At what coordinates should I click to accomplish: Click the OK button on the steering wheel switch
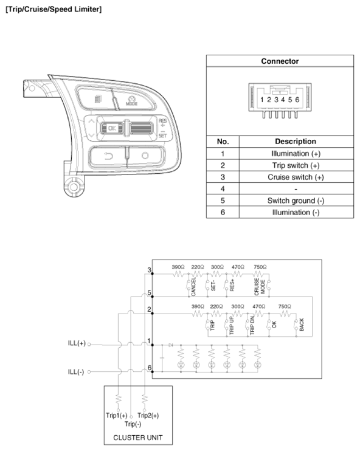coord(111,128)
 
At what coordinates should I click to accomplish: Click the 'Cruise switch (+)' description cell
coord(296,177)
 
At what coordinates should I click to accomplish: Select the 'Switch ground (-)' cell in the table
coord(296,201)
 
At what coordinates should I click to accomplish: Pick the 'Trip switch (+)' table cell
coord(296,165)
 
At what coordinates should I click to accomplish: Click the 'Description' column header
coord(296,141)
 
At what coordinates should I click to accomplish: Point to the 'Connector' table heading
coord(280,61)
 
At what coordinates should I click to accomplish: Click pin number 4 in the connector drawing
coord(283,100)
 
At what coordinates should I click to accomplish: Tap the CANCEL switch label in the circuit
coord(193,286)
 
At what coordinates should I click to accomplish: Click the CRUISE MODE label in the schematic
coord(260,286)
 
